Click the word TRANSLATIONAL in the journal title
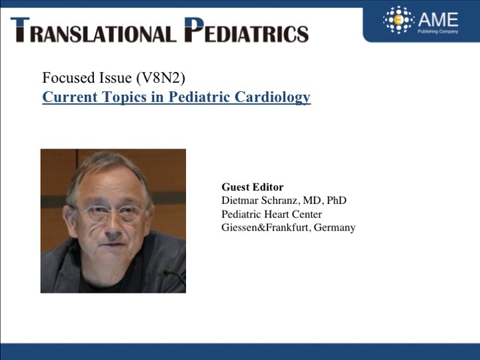[94, 30]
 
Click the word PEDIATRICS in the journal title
[247, 30]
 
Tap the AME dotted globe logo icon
[399, 20]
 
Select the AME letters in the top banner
[439, 19]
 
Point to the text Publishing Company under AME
[438, 31]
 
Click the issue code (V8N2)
[161, 78]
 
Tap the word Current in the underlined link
[70, 97]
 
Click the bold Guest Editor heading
[253, 187]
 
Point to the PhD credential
[337, 200]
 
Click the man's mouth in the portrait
[113, 245]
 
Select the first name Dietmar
[240, 200]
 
